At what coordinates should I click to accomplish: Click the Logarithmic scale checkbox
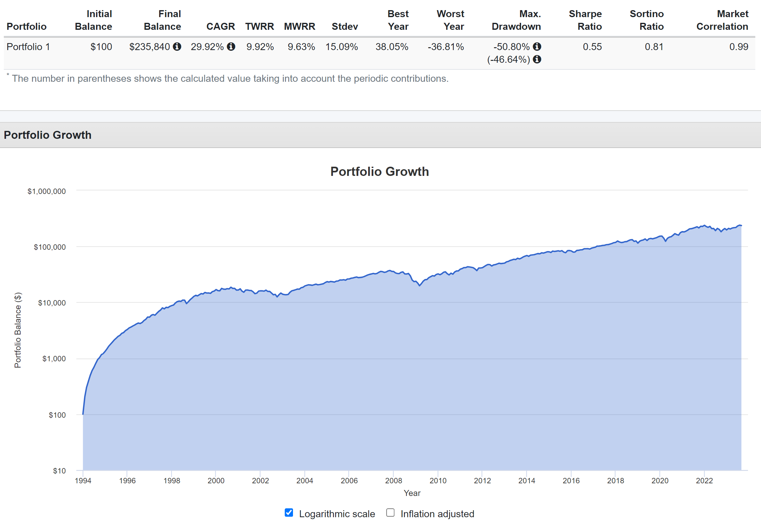tap(289, 512)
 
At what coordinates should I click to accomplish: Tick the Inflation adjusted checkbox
tap(390, 512)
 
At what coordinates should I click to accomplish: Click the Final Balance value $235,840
tap(150, 47)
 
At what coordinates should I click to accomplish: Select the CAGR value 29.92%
tap(207, 47)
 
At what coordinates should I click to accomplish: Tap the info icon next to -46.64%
tap(537, 59)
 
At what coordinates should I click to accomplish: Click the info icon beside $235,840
tap(177, 47)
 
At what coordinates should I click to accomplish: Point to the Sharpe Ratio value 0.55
tap(592, 47)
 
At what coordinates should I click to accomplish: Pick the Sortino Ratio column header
tap(647, 20)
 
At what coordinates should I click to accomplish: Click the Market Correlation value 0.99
tap(738, 47)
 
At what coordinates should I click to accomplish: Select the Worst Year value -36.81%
tap(446, 47)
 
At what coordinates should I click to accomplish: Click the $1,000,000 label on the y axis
tap(47, 191)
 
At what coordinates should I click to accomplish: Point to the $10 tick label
tap(59, 471)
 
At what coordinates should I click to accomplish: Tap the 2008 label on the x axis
tap(393, 480)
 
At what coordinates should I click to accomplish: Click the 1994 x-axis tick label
tap(83, 480)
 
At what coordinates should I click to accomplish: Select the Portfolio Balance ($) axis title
tap(18, 330)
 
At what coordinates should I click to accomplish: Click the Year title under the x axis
tap(412, 493)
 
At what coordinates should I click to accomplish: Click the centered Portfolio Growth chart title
tap(380, 171)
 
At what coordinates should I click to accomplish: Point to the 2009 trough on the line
tap(420, 285)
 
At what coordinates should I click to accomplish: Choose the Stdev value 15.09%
tap(341, 47)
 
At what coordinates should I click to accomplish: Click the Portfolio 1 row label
tap(28, 47)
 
